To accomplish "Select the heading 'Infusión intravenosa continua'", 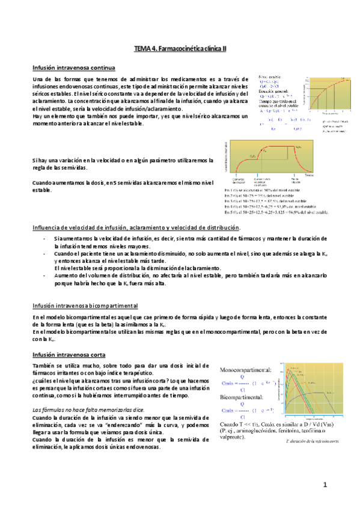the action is tap(74, 67).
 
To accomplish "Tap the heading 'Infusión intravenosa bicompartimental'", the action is tap(85, 306).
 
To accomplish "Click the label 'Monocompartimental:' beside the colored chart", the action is tap(245, 369).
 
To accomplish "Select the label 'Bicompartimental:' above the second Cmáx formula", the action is tap(240, 398).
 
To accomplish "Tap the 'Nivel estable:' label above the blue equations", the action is tap(269, 78).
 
